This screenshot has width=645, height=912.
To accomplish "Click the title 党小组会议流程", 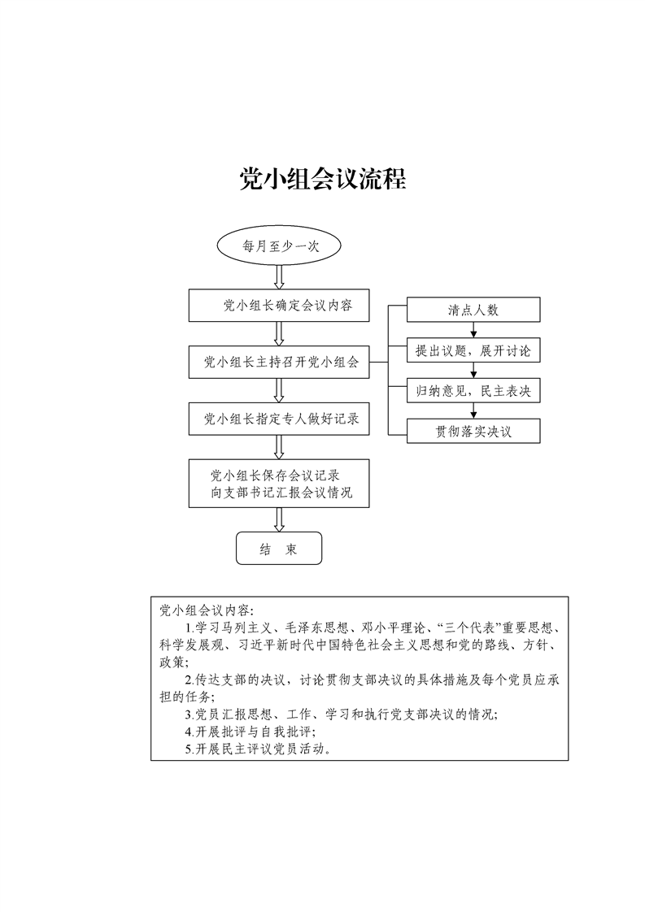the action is [322, 179].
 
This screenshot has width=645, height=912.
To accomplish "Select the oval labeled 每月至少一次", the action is [279, 246].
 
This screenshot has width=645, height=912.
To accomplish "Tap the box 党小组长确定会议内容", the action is [279, 306].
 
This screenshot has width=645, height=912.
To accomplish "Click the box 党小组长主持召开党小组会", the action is [279, 363].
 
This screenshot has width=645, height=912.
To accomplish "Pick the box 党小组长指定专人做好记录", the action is [279, 419].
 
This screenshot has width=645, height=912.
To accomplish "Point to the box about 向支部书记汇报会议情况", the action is [279, 484].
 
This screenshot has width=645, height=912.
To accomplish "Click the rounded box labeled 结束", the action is [279, 549].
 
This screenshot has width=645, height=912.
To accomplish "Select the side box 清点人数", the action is [473, 310].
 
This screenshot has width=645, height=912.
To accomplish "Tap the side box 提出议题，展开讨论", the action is [473, 350].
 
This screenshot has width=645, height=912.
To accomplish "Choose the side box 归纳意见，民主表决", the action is [473, 391].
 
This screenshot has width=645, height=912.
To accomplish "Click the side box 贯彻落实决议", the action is [473, 432].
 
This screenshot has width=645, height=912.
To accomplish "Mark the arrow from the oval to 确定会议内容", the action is [279, 278].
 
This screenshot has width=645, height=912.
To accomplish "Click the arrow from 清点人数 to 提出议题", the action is [473, 330].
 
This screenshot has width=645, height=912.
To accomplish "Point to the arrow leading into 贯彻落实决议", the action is [473, 411].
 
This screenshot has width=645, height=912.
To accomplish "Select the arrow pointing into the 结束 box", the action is [279, 520].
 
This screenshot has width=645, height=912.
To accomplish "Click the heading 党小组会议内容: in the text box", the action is [207, 610].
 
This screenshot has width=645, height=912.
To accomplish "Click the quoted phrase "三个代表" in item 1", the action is [469, 628].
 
